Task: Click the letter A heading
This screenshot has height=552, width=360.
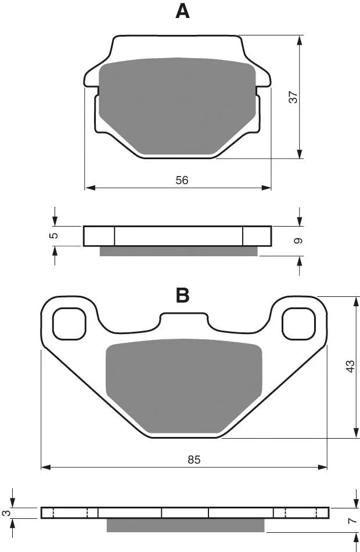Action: (182, 12)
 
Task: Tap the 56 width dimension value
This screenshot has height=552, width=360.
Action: (182, 180)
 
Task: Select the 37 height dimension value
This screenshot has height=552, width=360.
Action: (293, 97)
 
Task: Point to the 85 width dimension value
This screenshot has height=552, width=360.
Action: (194, 460)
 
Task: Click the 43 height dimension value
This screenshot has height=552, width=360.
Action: (350, 366)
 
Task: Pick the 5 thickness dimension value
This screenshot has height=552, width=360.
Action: (54, 235)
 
